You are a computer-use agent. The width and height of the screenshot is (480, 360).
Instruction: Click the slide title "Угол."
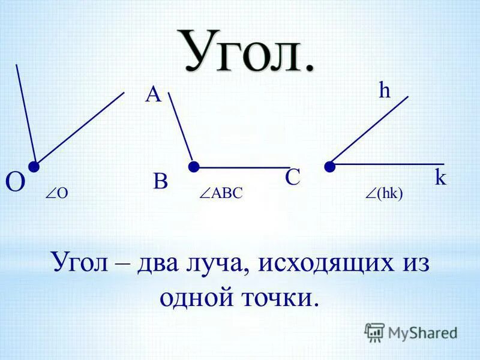click(247, 51)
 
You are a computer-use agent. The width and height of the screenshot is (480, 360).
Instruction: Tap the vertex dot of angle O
click(34, 165)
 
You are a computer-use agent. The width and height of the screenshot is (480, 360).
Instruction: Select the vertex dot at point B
click(194, 166)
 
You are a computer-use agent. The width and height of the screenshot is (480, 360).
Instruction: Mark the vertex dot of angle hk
click(329, 166)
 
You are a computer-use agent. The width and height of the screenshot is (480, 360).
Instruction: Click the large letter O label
click(15, 182)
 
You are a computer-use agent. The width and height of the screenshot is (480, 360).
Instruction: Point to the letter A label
click(153, 94)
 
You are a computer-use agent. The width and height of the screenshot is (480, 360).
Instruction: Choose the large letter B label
click(160, 181)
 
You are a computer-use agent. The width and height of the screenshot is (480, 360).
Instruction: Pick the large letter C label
click(292, 178)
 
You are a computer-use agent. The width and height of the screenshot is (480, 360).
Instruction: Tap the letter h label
click(385, 91)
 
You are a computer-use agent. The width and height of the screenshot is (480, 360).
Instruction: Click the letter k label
click(440, 178)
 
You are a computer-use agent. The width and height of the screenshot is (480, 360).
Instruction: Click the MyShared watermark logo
click(410, 332)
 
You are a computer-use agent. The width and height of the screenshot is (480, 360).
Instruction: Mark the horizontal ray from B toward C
click(243, 167)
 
